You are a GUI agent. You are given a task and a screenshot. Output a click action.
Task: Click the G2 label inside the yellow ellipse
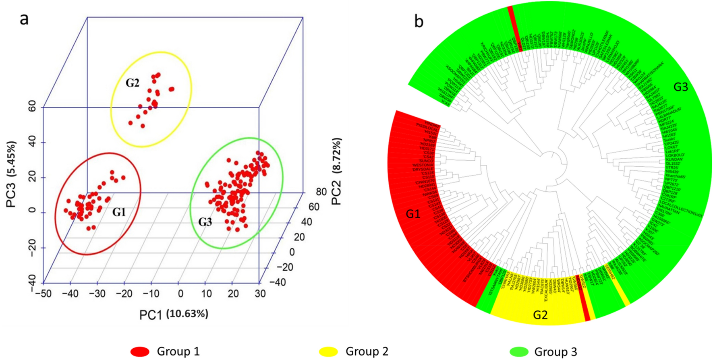pos(133,83)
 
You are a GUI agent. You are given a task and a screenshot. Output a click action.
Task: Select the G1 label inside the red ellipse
pos(119,212)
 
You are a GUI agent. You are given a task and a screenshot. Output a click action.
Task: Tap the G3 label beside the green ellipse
pos(205,222)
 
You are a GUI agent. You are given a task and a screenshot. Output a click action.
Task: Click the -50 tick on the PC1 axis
pos(43,294)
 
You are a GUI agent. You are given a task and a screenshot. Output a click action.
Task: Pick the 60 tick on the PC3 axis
pos(32,107)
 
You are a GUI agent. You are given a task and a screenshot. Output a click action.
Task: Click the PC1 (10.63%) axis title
pos(174,314)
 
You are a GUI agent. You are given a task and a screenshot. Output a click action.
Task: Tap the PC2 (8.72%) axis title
pos(337,171)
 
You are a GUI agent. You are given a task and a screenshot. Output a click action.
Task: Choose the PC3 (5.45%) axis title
pos(12,174)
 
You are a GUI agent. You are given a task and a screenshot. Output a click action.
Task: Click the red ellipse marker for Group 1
pos(140,352)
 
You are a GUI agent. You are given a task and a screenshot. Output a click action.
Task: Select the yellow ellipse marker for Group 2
pos(328,352)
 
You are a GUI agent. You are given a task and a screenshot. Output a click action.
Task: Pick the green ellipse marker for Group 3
pos(519,352)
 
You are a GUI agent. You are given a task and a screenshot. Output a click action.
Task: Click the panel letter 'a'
pos(24,19)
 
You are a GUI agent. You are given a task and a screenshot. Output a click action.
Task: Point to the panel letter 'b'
pos(419,21)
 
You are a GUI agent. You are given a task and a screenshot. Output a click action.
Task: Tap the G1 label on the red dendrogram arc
pos(413,214)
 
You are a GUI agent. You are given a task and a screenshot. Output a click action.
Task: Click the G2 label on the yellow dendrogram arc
pos(540,315)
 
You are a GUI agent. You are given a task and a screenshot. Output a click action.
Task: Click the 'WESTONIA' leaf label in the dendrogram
pos(423,165)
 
